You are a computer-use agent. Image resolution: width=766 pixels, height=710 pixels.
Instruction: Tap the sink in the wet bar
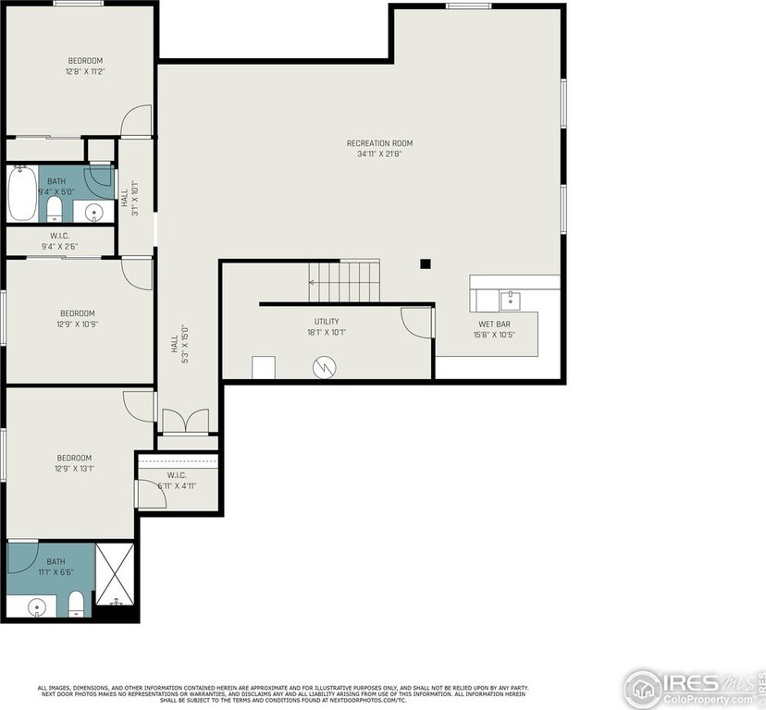tap(509, 300)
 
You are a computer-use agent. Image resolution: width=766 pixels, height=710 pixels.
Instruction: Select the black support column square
tap(426, 263)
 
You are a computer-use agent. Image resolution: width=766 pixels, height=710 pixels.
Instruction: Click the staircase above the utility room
tap(344, 280)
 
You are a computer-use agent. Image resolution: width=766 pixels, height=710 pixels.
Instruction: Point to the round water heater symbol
tap(324, 367)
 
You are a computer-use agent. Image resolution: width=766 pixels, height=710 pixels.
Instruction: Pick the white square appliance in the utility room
tap(264, 367)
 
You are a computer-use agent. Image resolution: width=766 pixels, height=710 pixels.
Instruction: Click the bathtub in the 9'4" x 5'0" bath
tap(22, 193)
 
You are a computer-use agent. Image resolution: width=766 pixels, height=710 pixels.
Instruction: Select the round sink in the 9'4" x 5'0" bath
tap(93, 213)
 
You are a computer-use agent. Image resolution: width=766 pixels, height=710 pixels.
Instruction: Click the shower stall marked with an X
tap(116, 581)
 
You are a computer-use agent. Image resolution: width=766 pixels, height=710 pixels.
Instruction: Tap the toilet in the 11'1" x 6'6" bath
tap(77, 605)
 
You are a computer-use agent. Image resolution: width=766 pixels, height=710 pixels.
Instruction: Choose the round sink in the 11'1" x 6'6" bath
tap(37, 607)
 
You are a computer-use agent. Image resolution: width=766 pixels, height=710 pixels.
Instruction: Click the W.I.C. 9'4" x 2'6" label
tap(60, 241)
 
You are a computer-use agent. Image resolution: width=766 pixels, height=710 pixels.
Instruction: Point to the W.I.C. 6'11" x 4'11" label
tap(177, 481)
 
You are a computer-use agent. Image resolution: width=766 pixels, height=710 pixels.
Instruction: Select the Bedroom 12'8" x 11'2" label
tap(84, 66)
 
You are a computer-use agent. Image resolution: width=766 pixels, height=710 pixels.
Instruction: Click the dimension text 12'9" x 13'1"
tap(75, 469)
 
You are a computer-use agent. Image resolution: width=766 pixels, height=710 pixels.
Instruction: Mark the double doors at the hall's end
tap(186, 421)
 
